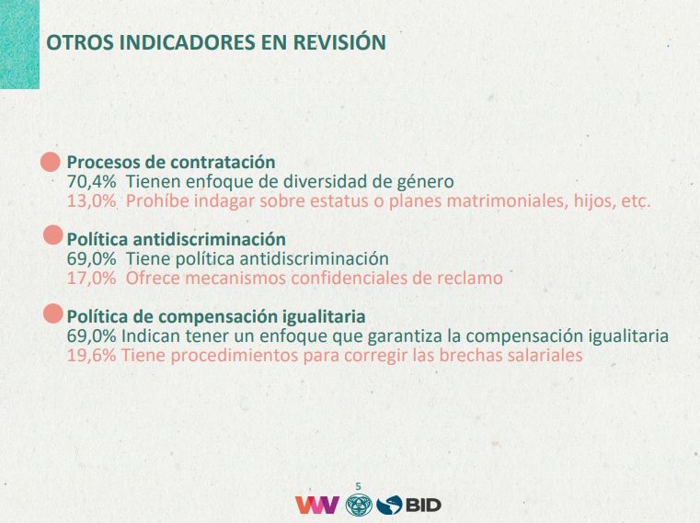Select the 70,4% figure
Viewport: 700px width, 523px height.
pos(91,182)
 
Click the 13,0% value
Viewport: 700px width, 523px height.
pos(91,200)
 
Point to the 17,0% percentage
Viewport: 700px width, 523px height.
pos(91,278)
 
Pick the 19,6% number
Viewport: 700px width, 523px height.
pos(91,355)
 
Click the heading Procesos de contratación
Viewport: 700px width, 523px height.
pos(171,162)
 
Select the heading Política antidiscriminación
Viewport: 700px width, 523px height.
pos(177,239)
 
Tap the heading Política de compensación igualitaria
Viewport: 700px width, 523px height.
pos(216,317)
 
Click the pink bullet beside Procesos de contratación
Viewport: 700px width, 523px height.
pos(51,162)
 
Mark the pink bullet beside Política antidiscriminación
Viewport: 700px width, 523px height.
pos(53,234)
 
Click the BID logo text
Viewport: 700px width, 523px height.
pos(423,506)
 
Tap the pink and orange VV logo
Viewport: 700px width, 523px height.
pos(317,505)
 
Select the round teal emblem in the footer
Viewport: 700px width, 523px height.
pos(359,505)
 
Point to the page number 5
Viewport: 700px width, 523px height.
pos(358,486)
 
